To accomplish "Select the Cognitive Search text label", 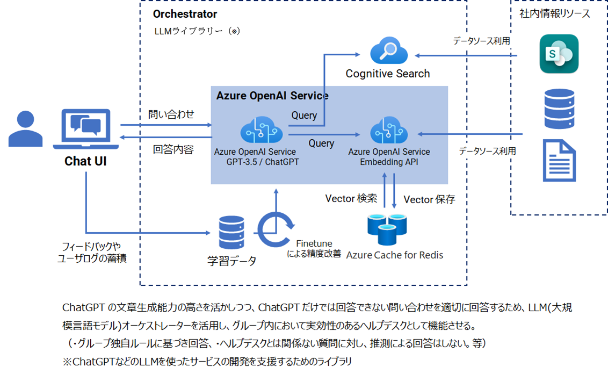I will point(388,74).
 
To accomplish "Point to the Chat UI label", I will point(85,161).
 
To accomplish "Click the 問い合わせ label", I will point(171,114).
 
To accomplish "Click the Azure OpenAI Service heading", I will point(272,96).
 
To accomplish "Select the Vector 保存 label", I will point(429,199).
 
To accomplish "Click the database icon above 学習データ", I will point(232,233).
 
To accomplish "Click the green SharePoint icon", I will point(559,54).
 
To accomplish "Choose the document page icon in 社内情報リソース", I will point(559,160).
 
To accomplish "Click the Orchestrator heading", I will point(185,14).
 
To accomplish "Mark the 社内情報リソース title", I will point(555,14).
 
